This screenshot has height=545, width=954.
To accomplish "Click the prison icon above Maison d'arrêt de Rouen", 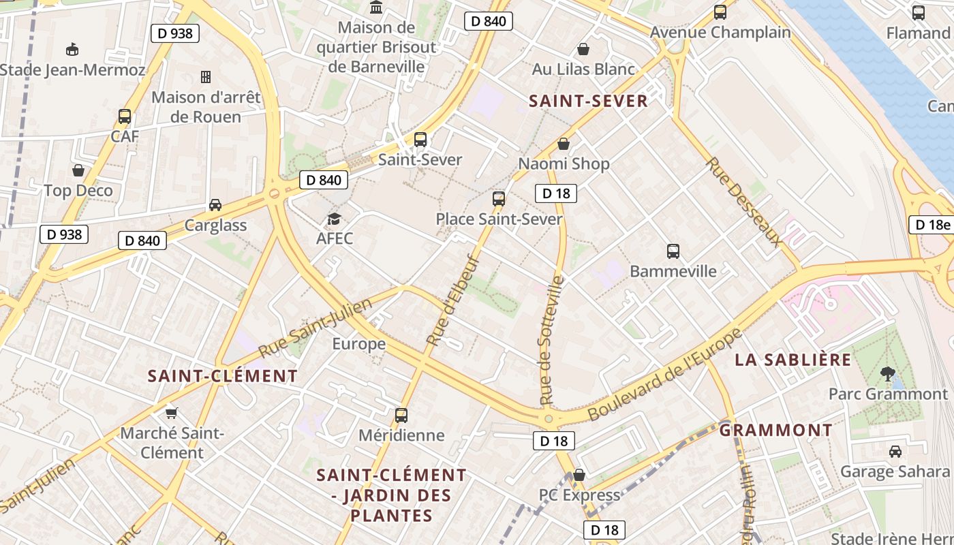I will coord(206,76).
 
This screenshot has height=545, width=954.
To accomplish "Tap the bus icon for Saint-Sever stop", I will coord(420,140).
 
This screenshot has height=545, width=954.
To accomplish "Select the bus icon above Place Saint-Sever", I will coord(499,199).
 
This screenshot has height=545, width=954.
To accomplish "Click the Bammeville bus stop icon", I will coord(673,251).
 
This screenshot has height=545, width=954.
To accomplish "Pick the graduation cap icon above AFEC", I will coord(334,219).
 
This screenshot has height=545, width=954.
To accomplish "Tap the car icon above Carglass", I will coord(215,205).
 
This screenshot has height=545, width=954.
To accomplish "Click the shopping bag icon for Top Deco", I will coord(78,170).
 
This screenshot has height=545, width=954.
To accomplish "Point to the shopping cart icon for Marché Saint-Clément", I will coord(172,413).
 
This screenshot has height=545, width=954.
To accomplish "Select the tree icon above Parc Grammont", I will coord(887,373).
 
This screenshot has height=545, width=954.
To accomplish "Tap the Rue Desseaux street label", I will coord(744,201).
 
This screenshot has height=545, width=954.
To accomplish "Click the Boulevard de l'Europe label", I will coord(664,374).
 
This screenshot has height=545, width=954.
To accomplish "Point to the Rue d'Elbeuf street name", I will coord(453,300).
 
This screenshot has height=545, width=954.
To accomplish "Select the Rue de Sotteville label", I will coord(552,340).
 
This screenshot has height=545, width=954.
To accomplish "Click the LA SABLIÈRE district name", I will coord(793,360).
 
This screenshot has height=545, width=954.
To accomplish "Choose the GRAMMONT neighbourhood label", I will coord(775,430).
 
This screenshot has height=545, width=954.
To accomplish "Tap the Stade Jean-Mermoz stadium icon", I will coord(72,49).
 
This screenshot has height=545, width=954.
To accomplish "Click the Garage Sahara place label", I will coord(894,471).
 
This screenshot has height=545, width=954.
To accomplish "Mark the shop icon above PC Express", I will coord(579,475).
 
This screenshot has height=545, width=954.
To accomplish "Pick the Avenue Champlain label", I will coord(720,32).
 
